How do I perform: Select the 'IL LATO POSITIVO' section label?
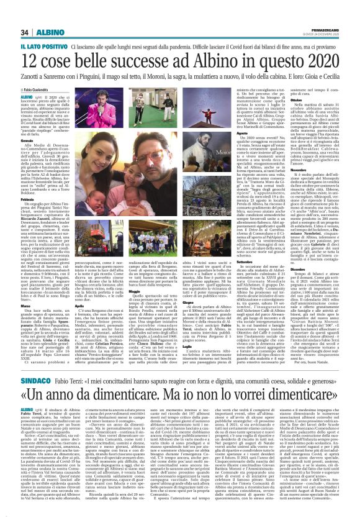(43, 47)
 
